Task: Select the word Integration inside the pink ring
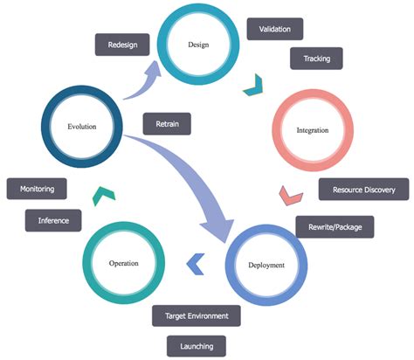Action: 312,130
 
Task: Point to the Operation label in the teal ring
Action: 124,262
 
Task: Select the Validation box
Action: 274,29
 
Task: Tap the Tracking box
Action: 316,59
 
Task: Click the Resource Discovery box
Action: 363,189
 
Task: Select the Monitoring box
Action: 38,188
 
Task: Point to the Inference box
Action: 53,220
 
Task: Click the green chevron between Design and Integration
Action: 253,86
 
